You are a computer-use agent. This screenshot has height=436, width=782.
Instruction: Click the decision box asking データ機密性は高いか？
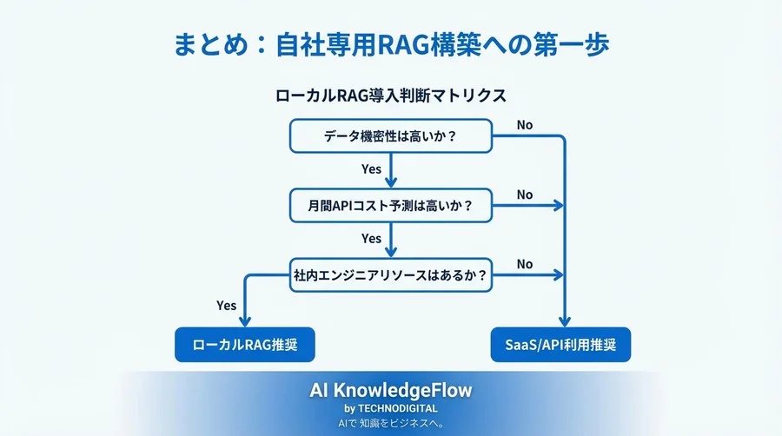point(391,136)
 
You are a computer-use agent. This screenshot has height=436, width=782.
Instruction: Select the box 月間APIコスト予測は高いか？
point(391,206)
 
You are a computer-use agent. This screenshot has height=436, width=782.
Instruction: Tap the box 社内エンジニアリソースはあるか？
point(391,275)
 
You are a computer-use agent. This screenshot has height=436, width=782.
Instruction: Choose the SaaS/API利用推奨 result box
point(560,345)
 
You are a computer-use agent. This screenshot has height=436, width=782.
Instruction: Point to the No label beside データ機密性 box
point(524,125)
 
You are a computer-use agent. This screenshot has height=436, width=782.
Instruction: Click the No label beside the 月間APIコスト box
point(524,195)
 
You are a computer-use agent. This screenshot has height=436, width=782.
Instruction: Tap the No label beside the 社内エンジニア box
point(524,264)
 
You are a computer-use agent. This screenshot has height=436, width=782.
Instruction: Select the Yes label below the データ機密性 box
point(371,168)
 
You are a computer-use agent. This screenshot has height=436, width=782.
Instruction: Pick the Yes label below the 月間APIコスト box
point(371,238)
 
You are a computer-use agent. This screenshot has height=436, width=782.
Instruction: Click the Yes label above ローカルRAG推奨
point(226,305)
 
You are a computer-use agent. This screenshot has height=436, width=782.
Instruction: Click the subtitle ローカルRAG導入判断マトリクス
point(390,96)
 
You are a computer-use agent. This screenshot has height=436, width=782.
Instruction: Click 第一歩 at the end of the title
point(578,44)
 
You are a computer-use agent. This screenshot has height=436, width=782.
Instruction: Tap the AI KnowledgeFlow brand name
point(390,391)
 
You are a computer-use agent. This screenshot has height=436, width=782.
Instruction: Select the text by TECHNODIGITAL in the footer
point(390,408)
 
